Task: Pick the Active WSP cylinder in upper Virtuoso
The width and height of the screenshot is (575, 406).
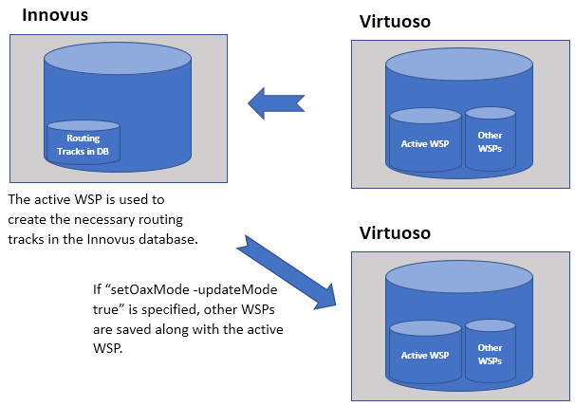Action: (x=425, y=142)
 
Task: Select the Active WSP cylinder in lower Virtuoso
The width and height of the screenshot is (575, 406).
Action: (x=425, y=353)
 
